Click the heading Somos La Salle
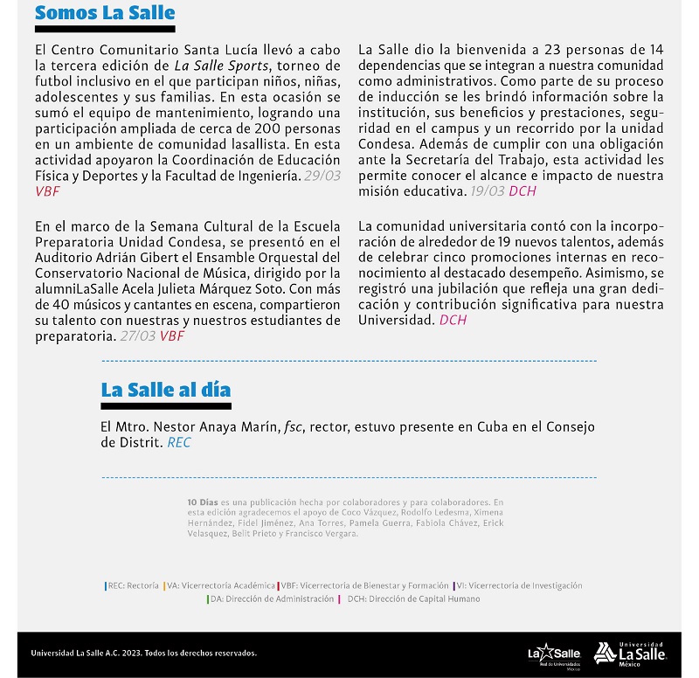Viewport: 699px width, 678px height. tap(104, 13)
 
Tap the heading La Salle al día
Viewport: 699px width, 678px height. tap(165, 390)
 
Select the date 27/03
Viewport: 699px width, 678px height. tap(137, 336)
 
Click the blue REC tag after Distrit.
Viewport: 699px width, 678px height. tap(179, 443)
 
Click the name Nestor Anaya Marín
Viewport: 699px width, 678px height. tap(215, 427)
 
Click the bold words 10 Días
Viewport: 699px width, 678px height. tap(202, 502)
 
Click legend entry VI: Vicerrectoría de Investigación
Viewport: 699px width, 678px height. tap(518, 585)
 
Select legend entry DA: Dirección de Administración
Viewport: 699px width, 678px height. tap(271, 599)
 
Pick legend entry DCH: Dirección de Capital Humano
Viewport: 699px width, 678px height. tap(412, 599)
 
